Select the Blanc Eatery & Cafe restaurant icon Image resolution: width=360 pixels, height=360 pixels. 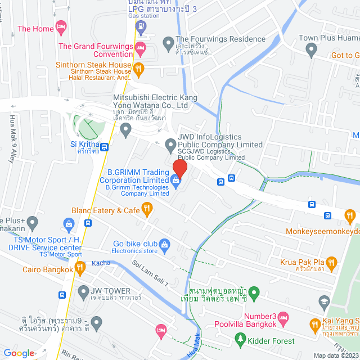tap(147, 210)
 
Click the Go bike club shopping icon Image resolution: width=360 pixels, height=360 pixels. tap(165, 244)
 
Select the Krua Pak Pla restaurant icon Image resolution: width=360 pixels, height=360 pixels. tap(331, 262)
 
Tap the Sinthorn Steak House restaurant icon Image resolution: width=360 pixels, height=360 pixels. tap(139, 68)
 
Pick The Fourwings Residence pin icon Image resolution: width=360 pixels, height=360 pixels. tap(167, 42)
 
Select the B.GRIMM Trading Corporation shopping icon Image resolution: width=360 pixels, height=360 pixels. tap(176, 181)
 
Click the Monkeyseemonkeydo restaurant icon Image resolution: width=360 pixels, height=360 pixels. tap(350, 215)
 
